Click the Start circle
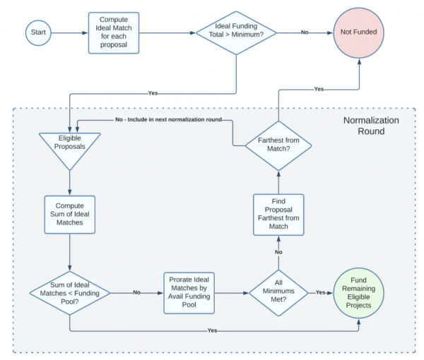pyautogui.click(x=38, y=32)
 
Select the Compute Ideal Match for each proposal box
pyautogui.click(x=114, y=32)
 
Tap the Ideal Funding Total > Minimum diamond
pyautogui.click(x=236, y=33)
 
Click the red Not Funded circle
pyautogui.click(x=358, y=32)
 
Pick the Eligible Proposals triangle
pyautogui.click(x=70, y=148)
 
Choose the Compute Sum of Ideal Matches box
pyautogui.click(x=70, y=215)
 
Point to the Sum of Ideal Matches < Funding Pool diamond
pyautogui.click(x=70, y=293)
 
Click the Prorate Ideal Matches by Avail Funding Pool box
pyautogui.click(x=189, y=293)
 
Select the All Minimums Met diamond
pyautogui.click(x=278, y=293)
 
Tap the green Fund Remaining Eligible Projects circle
pyautogui.click(x=358, y=293)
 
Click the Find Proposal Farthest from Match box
pyautogui.click(x=278, y=215)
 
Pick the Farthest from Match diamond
pyautogui.click(x=278, y=145)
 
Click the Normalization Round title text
pyautogui.click(x=371, y=126)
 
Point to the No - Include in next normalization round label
pyautogui.click(x=168, y=119)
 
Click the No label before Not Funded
pyautogui.click(x=305, y=32)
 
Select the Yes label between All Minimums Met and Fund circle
pyautogui.click(x=320, y=292)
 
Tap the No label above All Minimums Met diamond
pyautogui.click(x=278, y=252)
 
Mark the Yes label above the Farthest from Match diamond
pyautogui.click(x=319, y=89)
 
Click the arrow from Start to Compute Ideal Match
pyautogui.click(x=69, y=33)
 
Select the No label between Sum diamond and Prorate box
pyautogui.click(x=136, y=292)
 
